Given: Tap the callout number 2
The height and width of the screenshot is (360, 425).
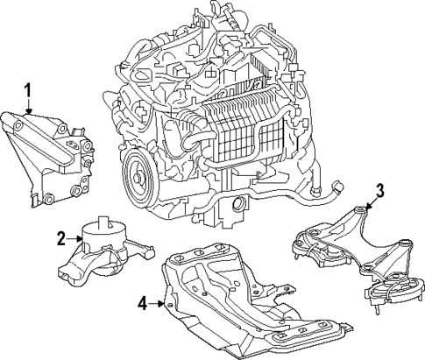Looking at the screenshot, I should (x=61, y=236).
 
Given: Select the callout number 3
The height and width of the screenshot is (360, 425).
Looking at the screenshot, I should (x=379, y=190).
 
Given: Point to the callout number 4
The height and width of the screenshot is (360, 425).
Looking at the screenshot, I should (x=142, y=304).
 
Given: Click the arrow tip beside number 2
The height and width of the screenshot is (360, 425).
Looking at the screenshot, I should (x=81, y=236).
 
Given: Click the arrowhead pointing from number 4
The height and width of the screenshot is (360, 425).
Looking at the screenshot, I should (x=163, y=304).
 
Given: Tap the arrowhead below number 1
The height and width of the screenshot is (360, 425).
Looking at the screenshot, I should (x=28, y=114).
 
